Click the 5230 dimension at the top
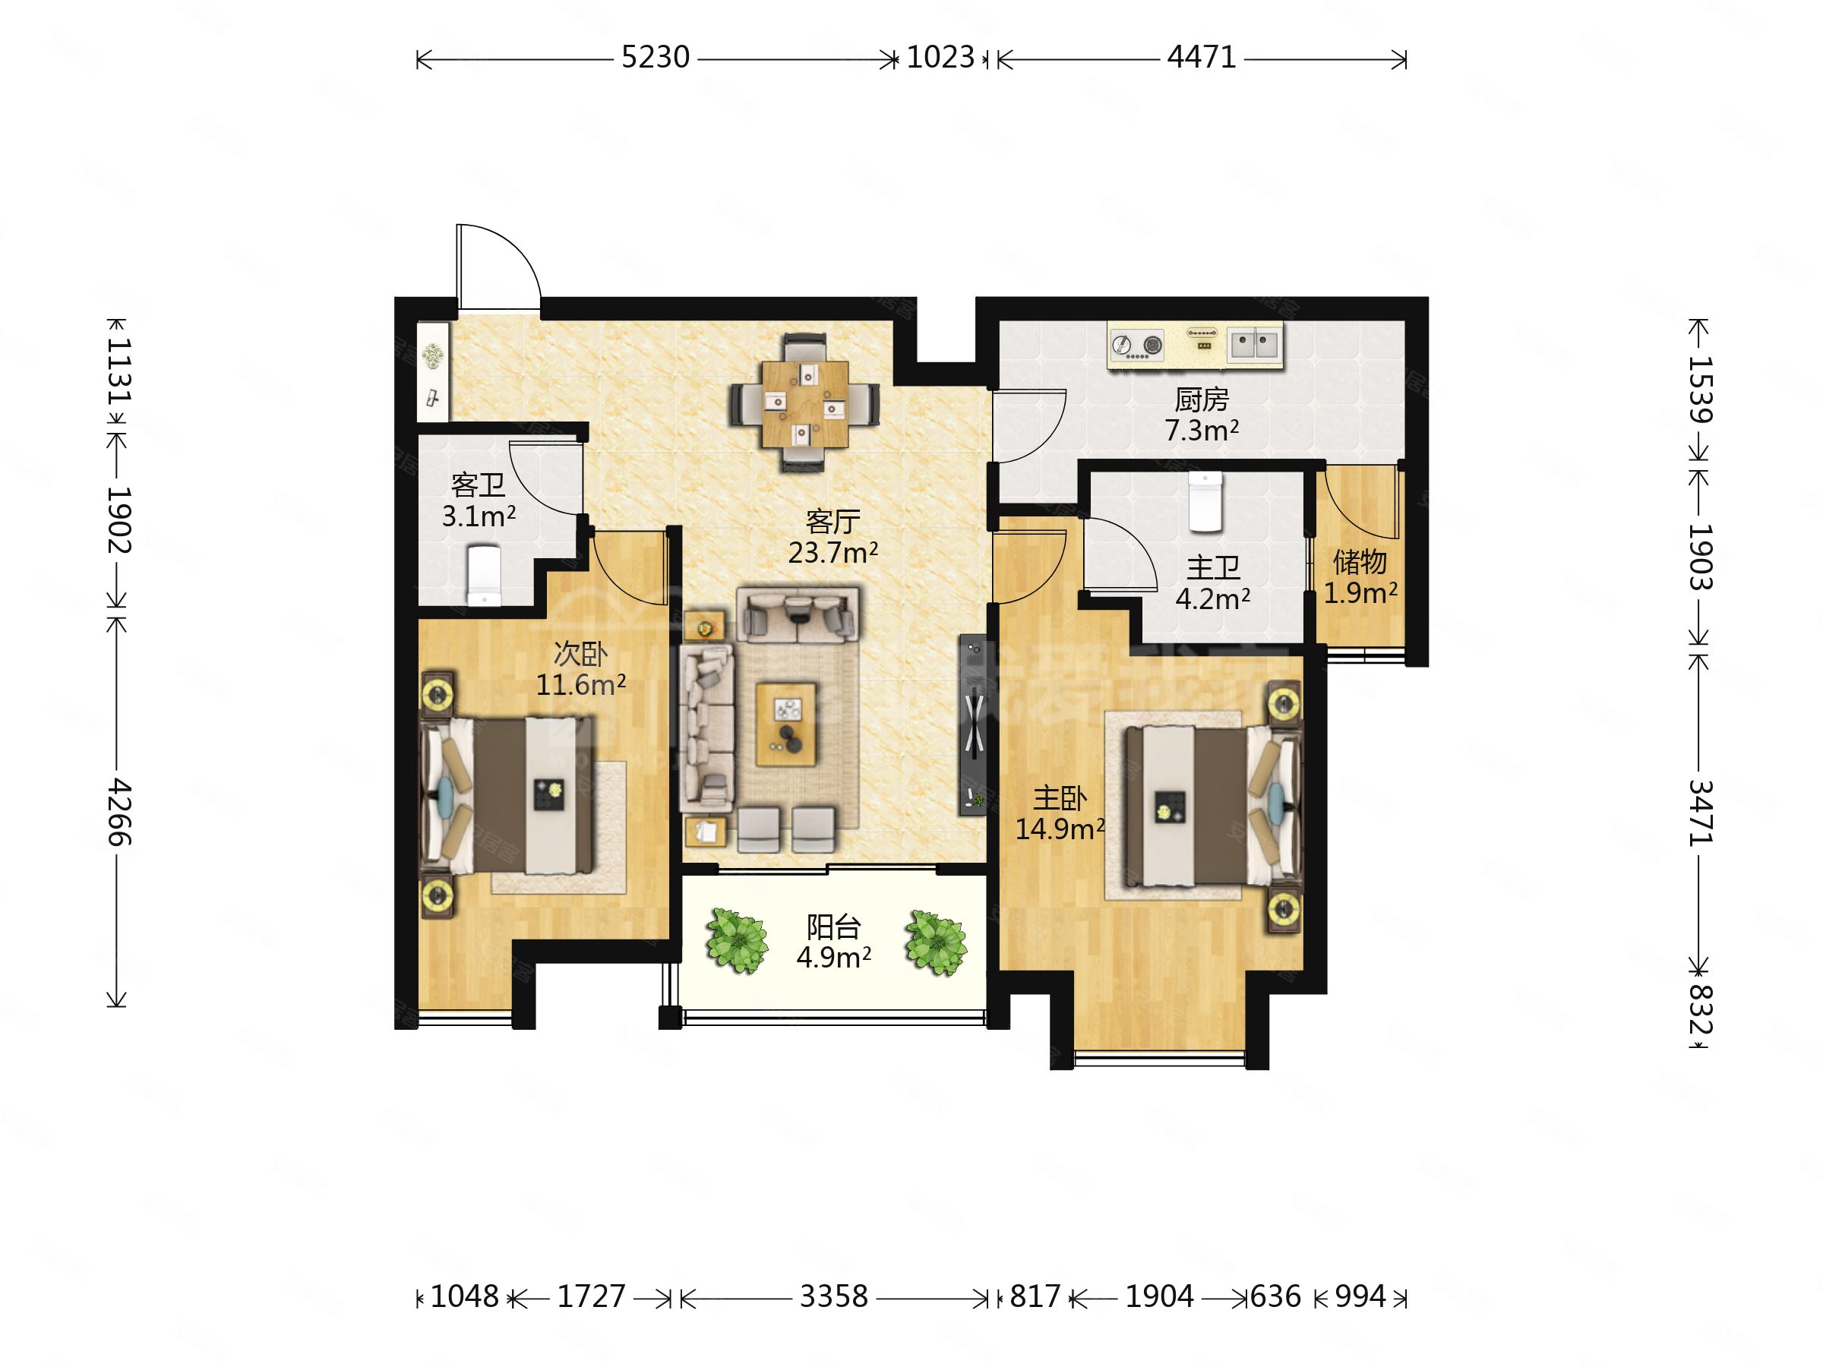point(656,57)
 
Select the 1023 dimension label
point(940,57)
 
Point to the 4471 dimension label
point(1202,57)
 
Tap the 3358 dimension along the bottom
point(834,1296)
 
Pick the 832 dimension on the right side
point(1701,1009)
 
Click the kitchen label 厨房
point(1202,399)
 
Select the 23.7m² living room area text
point(833,552)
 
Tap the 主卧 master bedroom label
point(1060,797)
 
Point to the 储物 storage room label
point(1360,562)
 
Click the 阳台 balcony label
point(833,927)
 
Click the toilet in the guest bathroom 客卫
point(484,574)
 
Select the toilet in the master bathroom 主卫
point(1205,502)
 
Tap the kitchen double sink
point(1254,343)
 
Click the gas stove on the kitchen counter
point(1137,345)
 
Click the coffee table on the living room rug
point(787,724)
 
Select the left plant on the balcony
point(737,940)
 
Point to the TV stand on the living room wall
point(972,725)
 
